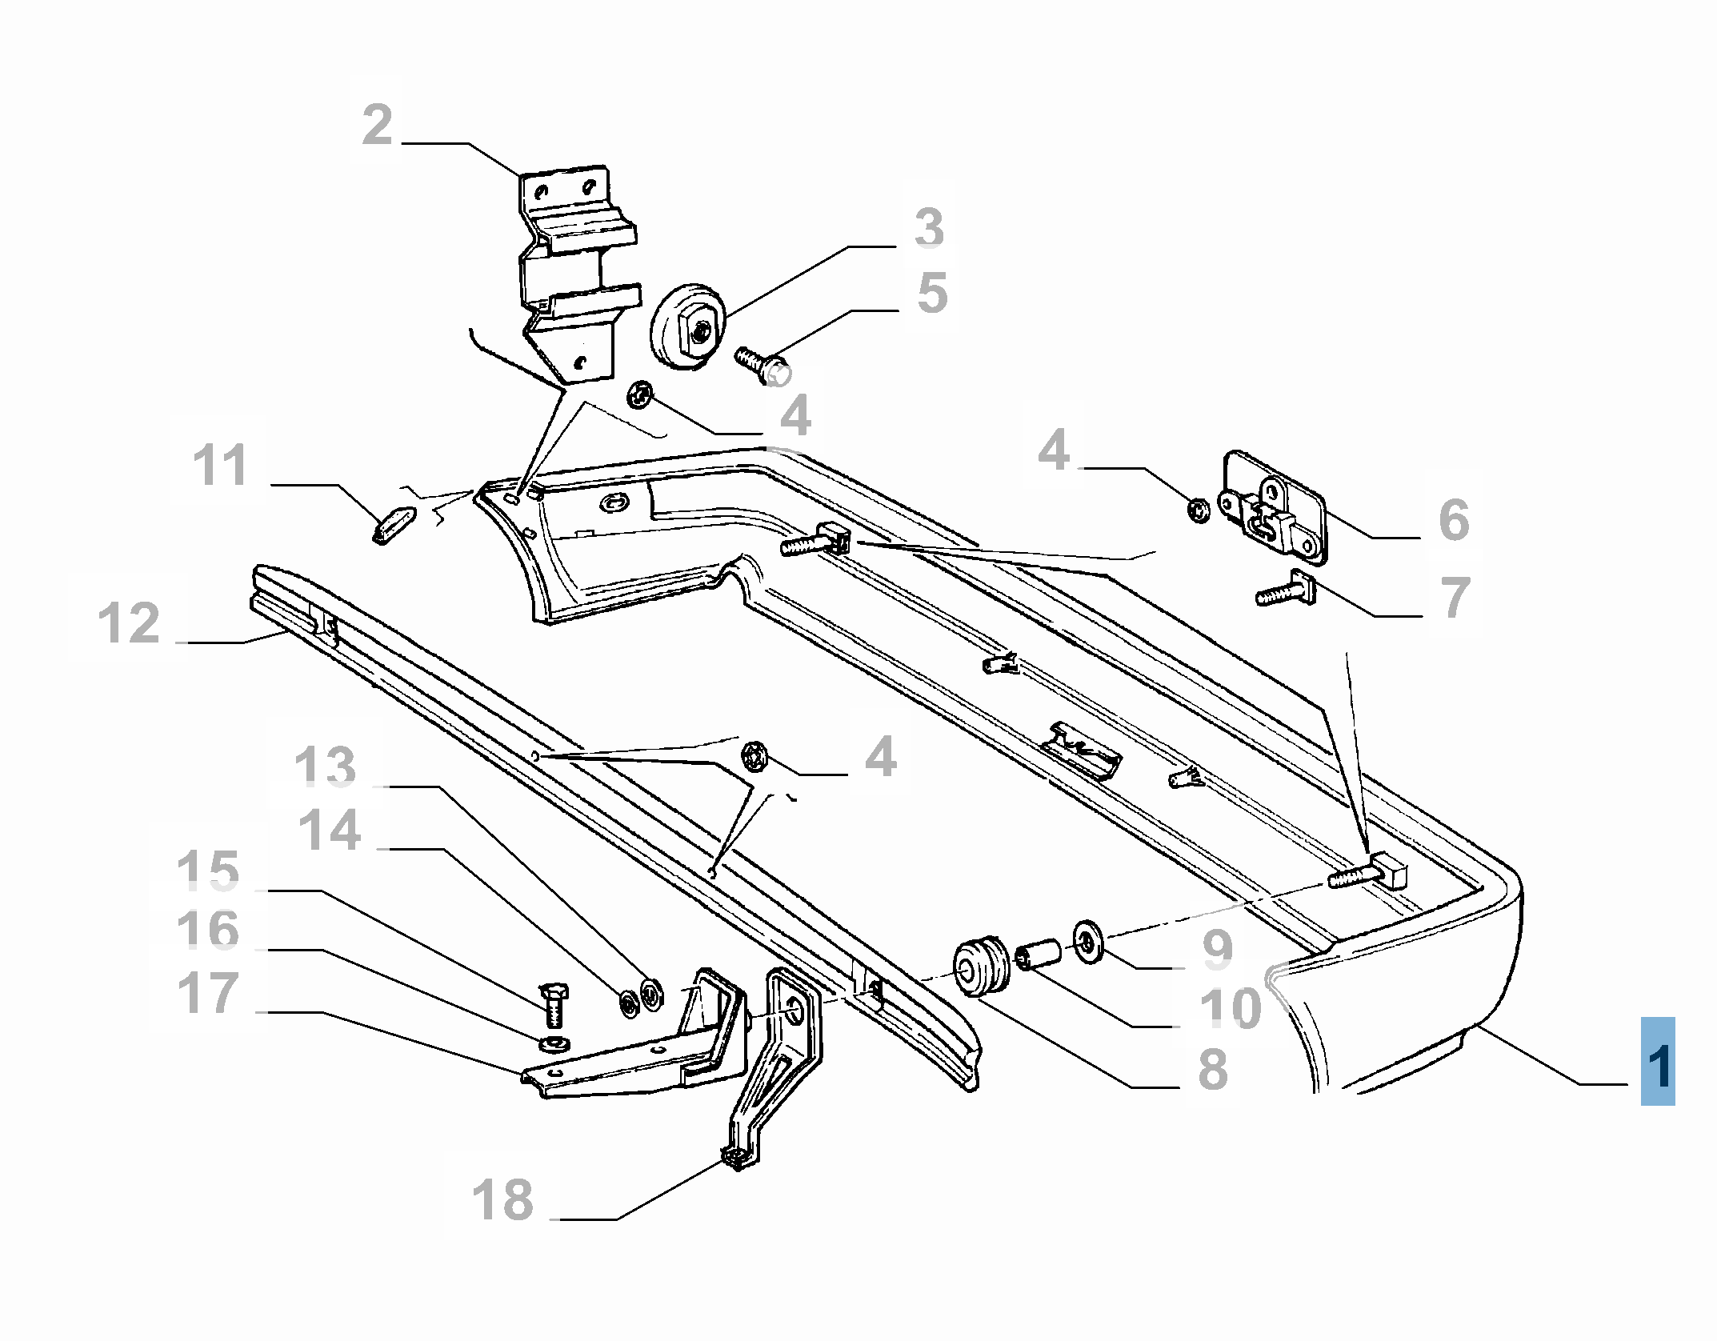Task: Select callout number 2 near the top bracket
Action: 378,126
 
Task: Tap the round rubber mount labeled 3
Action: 689,326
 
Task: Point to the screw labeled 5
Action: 762,366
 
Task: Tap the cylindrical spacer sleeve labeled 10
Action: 1039,955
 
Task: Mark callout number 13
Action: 325,767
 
